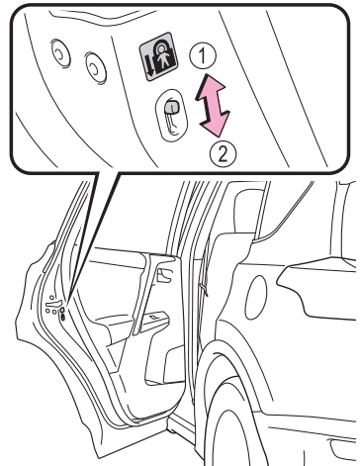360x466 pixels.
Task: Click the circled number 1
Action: click(x=203, y=55)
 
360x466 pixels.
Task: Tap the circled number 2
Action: click(x=224, y=153)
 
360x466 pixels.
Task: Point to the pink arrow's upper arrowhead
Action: click(x=211, y=86)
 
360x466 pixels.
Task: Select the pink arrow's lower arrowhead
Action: click(x=215, y=123)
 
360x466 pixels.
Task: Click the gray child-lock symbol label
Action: click(x=158, y=56)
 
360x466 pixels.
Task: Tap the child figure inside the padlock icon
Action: click(x=162, y=56)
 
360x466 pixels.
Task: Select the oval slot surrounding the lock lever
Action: click(x=171, y=116)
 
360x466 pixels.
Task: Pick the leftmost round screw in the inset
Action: click(x=60, y=53)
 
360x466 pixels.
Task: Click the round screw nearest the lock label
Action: click(x=96, y=67)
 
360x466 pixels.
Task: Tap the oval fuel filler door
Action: click(x=256, y=297)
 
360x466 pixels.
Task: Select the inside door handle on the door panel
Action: click(x=164, y=275)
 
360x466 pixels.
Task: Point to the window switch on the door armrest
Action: click(x=154, y=317)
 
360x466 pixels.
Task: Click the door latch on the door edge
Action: click(x=55, y=304)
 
